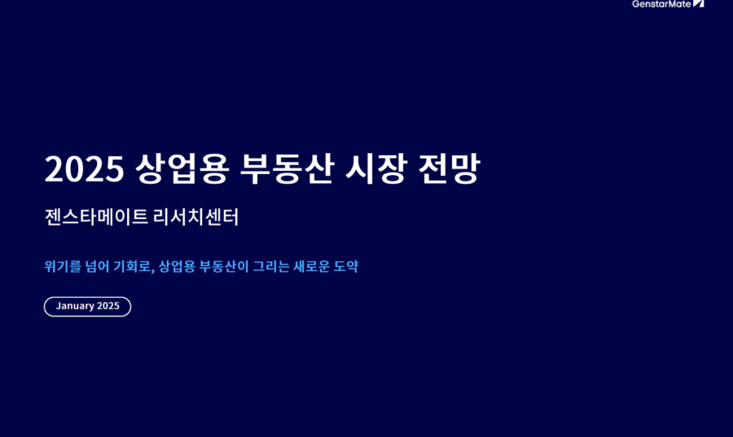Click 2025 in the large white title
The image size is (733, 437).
[x=84, y=168]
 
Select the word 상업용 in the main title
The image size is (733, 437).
[x=182, y=168]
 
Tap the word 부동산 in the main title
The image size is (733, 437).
[x=287, y=168]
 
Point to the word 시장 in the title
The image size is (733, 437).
[x=375, y=168]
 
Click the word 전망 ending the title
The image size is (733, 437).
[x=449, y=168]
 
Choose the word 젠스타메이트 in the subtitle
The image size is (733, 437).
[x=96, y=217]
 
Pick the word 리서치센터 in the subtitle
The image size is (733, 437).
[x=195, y=217]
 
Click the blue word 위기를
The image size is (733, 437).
[x=63, y=267]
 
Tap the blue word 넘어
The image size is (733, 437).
[x=97, y=267]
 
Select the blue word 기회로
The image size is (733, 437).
[x=132, y=267]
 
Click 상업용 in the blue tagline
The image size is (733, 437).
[x=177, y=267]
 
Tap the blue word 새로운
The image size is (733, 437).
[x=311, y=267]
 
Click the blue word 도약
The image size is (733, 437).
[x=346, y=267]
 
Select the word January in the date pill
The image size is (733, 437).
[x=75, y=306]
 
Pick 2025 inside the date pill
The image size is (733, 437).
[x=108, y=306]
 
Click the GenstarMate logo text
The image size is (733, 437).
[x=661, y=4]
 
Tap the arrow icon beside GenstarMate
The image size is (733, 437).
[x=699, y=4]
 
